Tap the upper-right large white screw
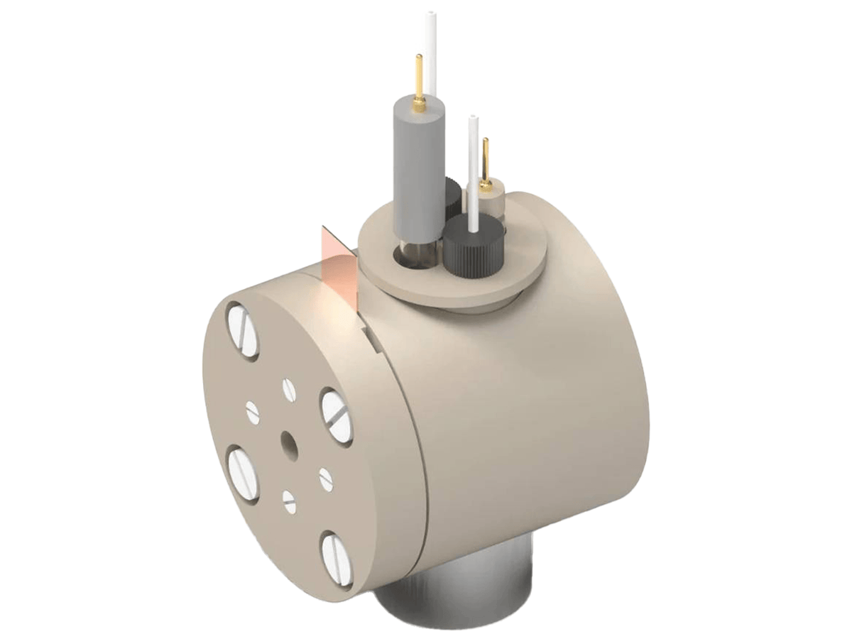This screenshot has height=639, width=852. pyautogui.click(x=337, y=416)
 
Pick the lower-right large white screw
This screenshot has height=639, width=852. pyautogui.click(x=337, y=558)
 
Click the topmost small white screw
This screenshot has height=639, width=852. pyautogui.click(x=288, y=388)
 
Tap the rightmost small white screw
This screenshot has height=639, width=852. pyautogui.click(x=326, y=479)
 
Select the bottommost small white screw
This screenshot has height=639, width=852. pyautogui.click(x=289, y=502)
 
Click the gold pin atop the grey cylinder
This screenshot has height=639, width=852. pyautogui.click(x=420, y=82)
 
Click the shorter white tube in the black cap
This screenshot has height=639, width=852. pyautogui.click(x=473, y=167)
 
